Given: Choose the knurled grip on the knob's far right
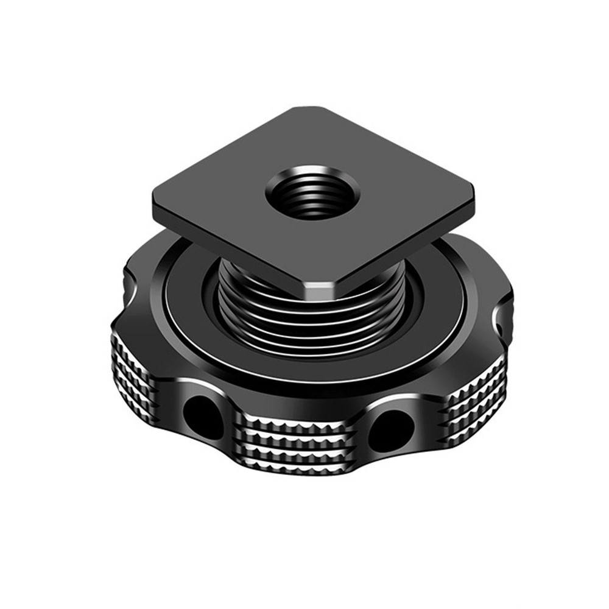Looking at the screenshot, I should coord(478,408).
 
